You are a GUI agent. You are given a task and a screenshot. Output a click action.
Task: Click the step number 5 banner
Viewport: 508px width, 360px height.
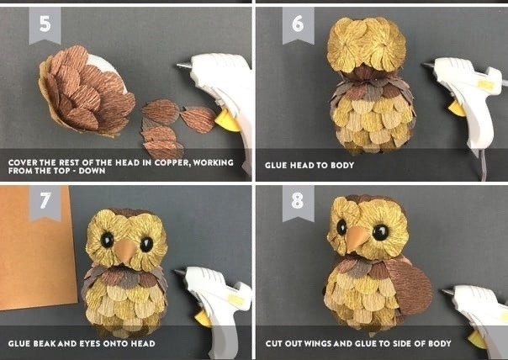click(45, 25)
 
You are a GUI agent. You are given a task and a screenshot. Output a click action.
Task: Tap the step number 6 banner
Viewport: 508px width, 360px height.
click(298, 25)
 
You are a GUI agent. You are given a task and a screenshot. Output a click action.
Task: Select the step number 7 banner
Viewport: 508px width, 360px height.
click(45, 203)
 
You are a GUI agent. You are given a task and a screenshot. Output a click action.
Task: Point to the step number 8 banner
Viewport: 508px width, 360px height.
click(298, 203)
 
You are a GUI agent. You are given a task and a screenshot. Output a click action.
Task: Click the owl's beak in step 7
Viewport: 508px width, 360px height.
click(125, 251)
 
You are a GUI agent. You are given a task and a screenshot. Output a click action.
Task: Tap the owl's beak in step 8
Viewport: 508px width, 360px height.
click(356, 238)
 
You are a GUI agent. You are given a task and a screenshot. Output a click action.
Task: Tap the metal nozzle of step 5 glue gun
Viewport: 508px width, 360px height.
click(183, 66)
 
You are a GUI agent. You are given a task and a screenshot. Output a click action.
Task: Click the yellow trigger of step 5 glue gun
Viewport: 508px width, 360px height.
click(227, 121)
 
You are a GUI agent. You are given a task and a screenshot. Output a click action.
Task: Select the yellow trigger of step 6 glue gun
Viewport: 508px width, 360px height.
click(457, 109)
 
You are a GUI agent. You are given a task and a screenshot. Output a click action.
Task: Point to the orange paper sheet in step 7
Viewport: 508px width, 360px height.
click(36, 248)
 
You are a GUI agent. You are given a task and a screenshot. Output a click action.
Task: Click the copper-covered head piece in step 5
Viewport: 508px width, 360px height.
click(87, 90)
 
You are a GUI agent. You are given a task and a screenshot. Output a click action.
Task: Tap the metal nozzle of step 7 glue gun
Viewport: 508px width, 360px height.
click(181, 272)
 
